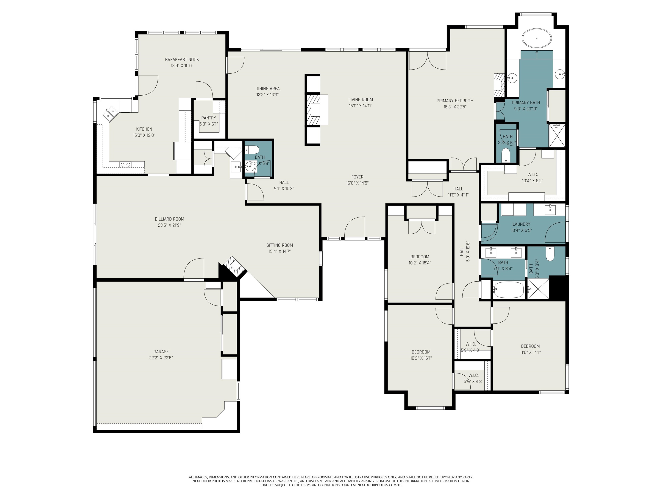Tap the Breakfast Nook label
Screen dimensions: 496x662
182,59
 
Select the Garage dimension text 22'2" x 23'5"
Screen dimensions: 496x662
161,358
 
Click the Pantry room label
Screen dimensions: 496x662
209,118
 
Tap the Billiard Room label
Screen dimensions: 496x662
169,219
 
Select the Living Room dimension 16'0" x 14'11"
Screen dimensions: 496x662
360,106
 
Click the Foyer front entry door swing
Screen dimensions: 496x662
355,228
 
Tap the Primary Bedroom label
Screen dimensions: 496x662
455,101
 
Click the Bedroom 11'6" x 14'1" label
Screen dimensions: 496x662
530,346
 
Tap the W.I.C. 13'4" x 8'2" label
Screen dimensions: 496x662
532,175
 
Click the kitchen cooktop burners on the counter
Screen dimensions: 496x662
125,164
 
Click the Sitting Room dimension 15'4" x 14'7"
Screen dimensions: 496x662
279,251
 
